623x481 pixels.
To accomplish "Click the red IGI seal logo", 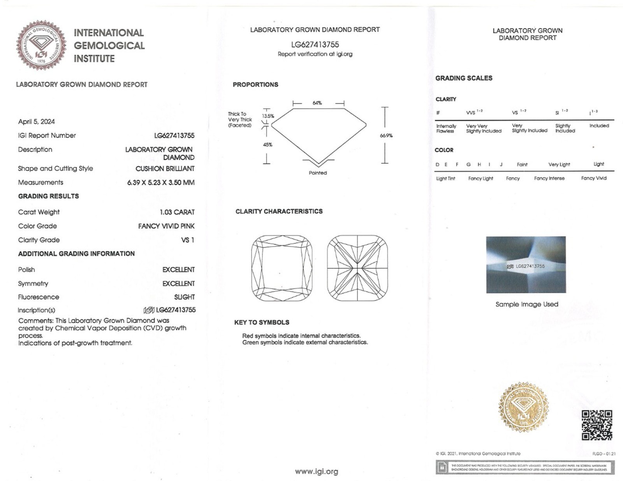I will coord(41,45).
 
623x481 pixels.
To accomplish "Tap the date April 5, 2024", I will coord(36,122).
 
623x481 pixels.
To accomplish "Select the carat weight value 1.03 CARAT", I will coord(177,212).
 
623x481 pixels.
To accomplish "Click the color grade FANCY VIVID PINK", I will coord(166,226).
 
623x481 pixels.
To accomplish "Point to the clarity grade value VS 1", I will coord(188,240).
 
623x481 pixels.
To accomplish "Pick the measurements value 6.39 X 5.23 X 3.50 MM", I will coord(161,182).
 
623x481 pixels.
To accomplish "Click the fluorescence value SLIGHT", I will coord(184,297).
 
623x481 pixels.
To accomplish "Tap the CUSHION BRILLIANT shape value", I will coord(165,169).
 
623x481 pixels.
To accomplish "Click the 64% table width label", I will coord(317,103).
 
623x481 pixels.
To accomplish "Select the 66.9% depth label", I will coord(386,136).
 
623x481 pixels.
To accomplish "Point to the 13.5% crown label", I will coord(268,116).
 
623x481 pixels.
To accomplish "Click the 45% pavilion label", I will coord(268,145).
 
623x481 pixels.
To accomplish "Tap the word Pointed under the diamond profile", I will coord(318,173).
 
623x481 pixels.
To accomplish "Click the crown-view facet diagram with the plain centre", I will coord(282,268).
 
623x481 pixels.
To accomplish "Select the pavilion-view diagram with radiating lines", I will coord(357,268).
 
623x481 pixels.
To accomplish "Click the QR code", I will coord(597,425).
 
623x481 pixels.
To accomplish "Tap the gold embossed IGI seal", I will coord(524,407).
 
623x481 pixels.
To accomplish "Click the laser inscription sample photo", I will coord(526,265).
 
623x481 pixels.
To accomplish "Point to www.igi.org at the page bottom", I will coord(317,472).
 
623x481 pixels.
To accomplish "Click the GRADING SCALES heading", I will coord(464,78).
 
